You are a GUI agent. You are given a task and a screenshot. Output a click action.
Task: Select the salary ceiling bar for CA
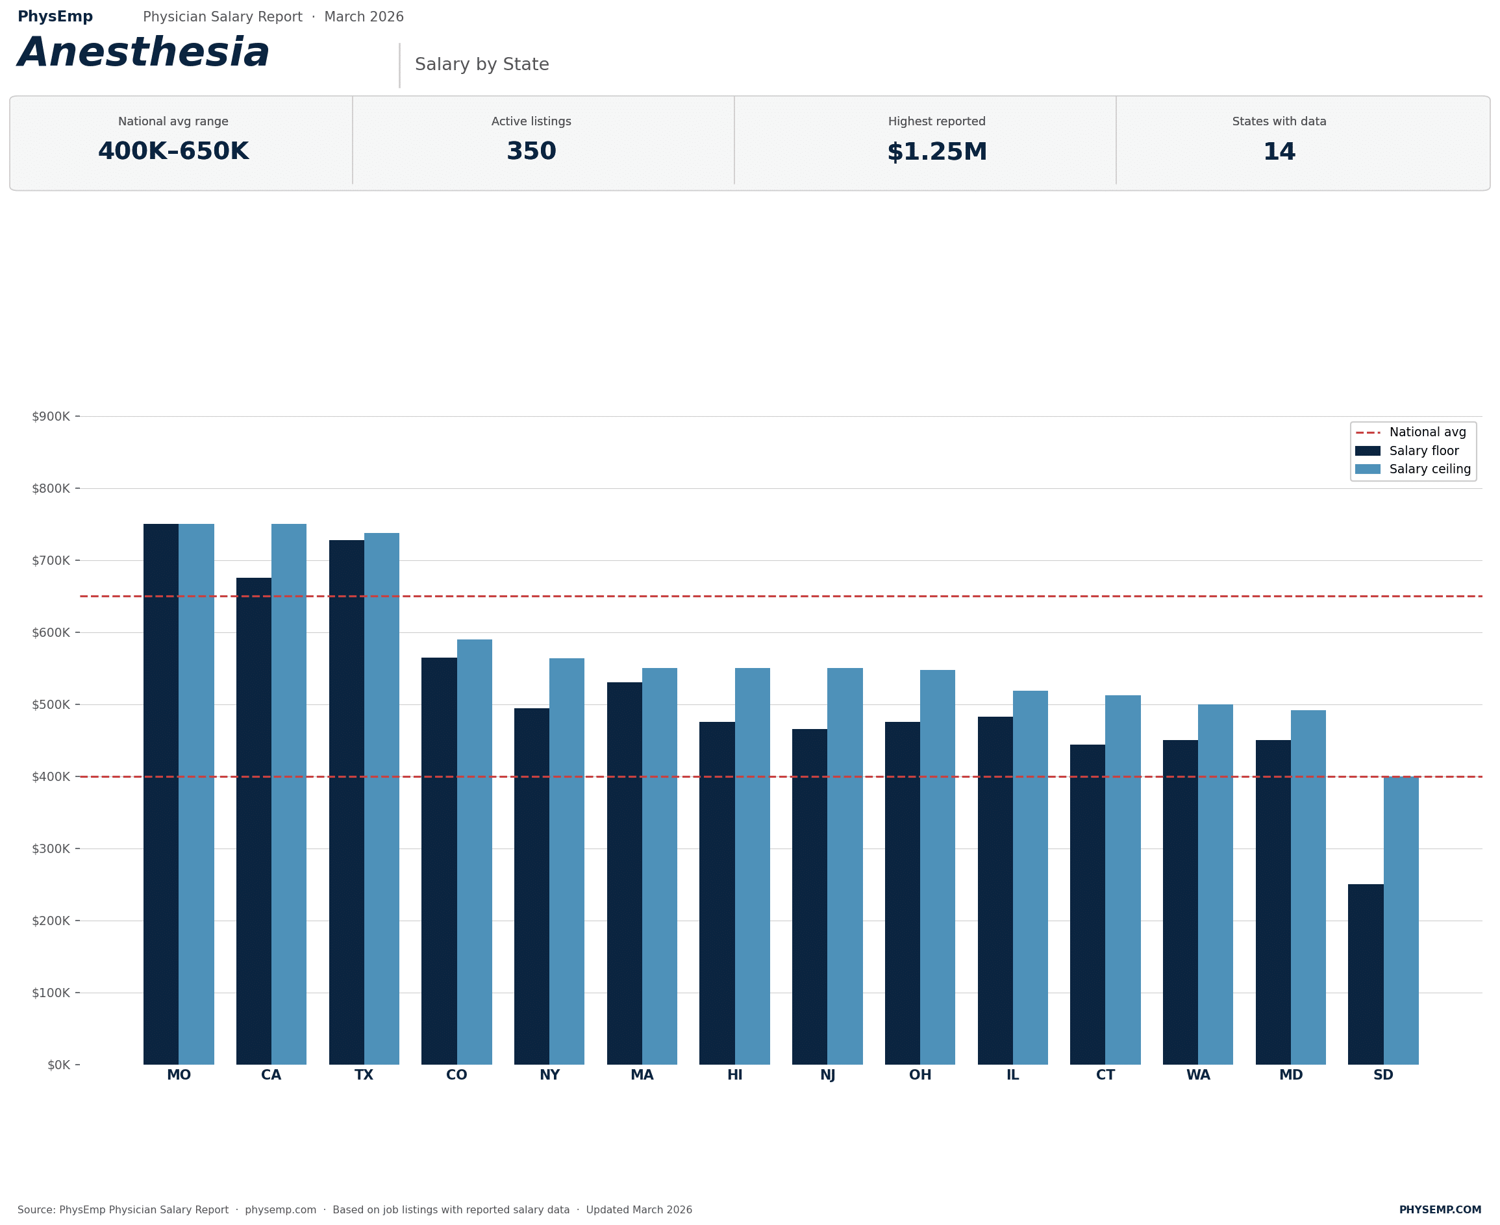click(x=289, y=794)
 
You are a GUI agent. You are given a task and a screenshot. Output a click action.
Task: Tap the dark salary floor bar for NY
click(x=532, y=886)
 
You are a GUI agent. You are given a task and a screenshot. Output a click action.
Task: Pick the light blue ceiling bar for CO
click(x=475, y=852)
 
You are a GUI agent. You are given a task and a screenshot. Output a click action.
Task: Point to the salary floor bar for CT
click(x=1087, y=905)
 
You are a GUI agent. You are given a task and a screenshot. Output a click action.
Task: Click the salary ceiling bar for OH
click(x=937, y=867)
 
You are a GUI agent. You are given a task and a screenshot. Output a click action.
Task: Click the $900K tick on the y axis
click(x=51, y=416)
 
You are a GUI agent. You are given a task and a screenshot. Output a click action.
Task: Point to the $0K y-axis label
click(x=58, y=1065)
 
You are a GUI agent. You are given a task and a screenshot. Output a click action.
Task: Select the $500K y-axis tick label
click(x=51, y=704)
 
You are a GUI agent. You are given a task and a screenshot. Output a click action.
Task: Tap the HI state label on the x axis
click(x=734, y=1076)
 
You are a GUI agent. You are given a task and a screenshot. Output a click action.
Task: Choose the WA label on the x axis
click(x=1197, y=1076)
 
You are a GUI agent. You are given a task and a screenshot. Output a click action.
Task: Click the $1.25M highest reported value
click(x=937, y=152)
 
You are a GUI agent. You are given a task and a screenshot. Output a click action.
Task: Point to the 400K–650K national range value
click(x=173, y=152)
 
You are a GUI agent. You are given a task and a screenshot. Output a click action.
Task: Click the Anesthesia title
click(x=144, y=54)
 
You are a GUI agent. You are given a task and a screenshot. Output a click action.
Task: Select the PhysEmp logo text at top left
click(x=55, y=16)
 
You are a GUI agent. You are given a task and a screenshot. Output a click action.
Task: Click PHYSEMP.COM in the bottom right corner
click(x=1440, y=1209)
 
